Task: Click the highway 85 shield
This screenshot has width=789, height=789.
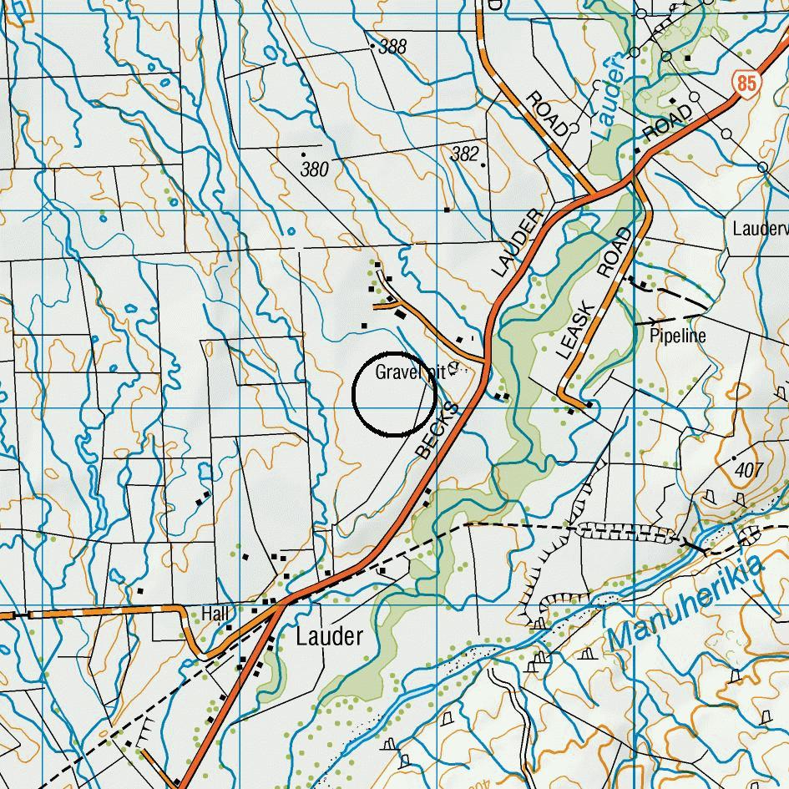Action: point(746,82)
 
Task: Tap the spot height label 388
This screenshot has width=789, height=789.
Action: point(392,47)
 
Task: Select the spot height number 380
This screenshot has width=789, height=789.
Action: point(315,169)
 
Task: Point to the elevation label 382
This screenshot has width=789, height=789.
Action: point(465,154)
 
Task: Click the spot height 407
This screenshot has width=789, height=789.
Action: point(750,470)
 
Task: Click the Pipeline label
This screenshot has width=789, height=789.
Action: point(678,336)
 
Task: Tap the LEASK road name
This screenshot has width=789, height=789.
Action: point(577,331)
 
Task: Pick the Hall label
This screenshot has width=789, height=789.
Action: point(215,614)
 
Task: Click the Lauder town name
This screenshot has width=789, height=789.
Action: point(330,637)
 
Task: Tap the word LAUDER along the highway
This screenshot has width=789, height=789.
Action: point(518,242)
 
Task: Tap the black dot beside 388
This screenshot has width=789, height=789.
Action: point(372,47)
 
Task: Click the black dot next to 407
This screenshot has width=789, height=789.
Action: point(734,458)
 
